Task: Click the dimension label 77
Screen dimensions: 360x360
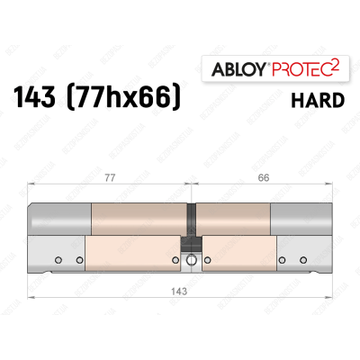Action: pos(107,179)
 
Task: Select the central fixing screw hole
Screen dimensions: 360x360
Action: pos(190,262)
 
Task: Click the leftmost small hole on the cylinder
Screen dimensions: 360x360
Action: pos(58,261)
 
